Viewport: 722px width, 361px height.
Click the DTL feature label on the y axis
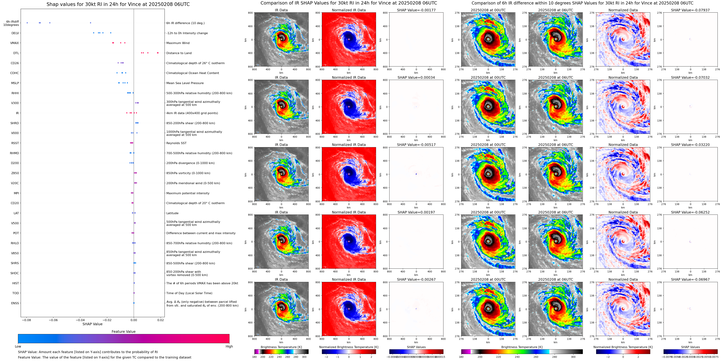tap(16, 53)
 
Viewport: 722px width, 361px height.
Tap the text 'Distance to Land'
tap(179, 53)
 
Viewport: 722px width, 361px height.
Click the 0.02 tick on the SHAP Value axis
tap(160, 320)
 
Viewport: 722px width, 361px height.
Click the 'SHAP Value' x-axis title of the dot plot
tap(92, 324)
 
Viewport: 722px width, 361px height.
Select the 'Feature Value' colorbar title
tap(123, 332)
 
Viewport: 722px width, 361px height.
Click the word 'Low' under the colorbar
tap(18, 346)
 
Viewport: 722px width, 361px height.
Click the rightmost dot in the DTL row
tap(158, 53)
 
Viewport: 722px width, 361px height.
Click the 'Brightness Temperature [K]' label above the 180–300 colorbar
tap(281, 347)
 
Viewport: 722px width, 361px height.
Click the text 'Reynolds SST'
tap(176, 143)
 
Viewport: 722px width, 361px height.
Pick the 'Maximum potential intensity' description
tap(188, 193)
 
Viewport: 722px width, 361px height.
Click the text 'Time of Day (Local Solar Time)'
tap(189, 293)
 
